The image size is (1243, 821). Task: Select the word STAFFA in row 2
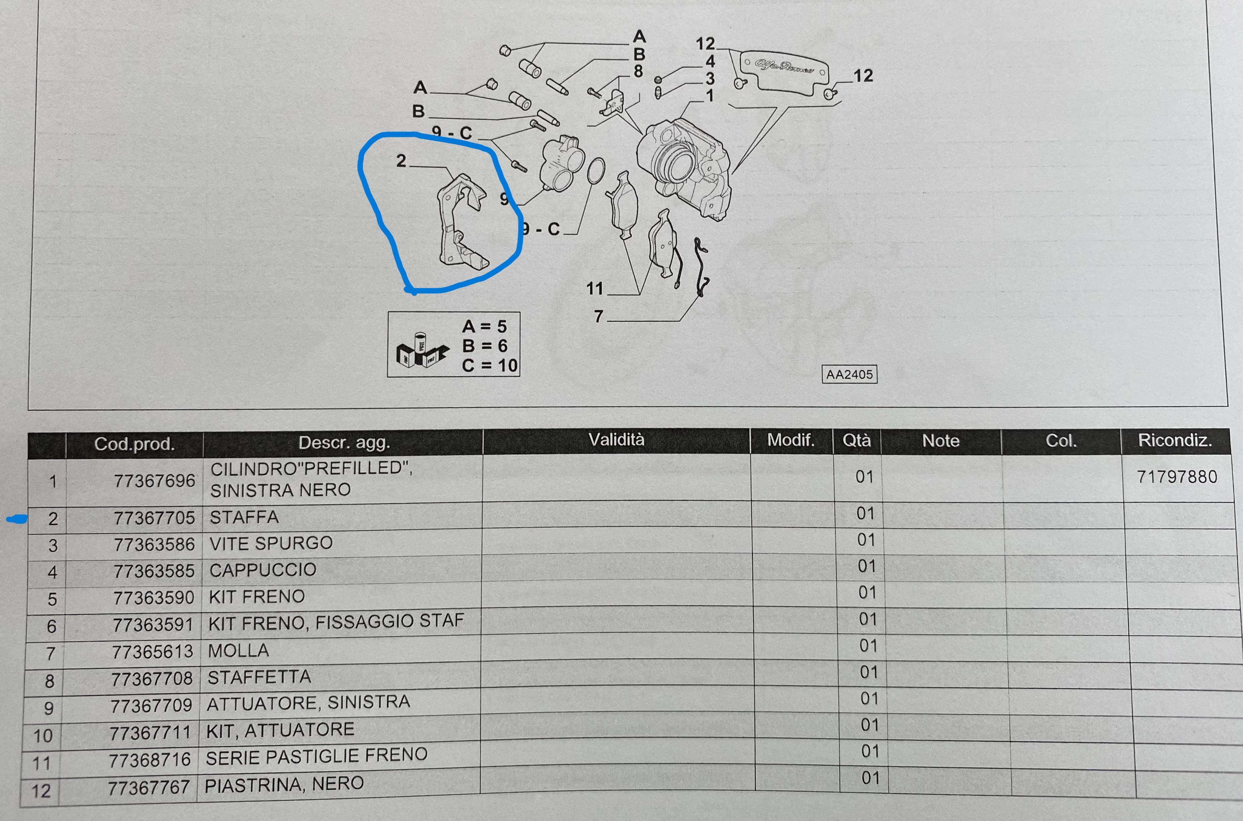point(244,517)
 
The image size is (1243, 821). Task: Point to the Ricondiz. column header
point(1175,440)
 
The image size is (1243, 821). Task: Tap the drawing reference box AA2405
point(849,374)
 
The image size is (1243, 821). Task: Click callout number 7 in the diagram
point(598,317)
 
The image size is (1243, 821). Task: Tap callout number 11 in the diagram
point(595,288)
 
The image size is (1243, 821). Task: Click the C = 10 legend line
point(490,366)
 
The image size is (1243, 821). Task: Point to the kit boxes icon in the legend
point(422,351)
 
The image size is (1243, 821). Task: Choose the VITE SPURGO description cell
point(271,543)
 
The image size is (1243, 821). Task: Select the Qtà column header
point(856,440)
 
